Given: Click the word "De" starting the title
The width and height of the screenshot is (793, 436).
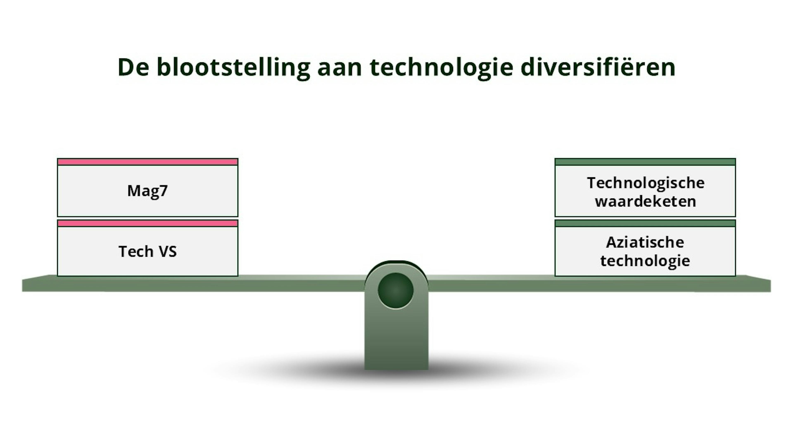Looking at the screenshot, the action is [133, 67].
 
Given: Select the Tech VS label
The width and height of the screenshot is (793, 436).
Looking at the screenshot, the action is [147, 251].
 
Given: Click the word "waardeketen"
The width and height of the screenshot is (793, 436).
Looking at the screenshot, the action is [646, 201].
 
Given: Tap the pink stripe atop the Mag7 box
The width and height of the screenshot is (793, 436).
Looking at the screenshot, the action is [147, 162].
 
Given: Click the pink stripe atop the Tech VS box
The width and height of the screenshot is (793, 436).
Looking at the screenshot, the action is [147, 223].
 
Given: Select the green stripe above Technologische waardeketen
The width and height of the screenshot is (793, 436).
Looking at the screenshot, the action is [645, 162].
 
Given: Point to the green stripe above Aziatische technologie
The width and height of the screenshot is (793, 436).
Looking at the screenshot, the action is [645, 223].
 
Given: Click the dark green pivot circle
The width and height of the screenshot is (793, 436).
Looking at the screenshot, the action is [396, 290].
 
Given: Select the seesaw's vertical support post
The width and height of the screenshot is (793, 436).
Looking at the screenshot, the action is [396, 339].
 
